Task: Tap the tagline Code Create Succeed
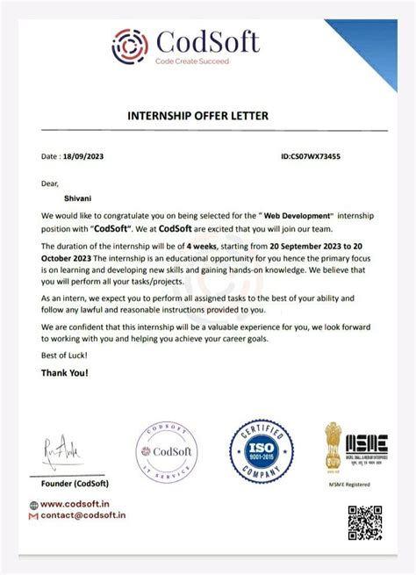coord(192,61)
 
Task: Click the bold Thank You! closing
coord(64,372)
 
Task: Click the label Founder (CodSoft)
coord(75,484)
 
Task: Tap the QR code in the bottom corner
coord(364,521)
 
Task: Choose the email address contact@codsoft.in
coord(82,515)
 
